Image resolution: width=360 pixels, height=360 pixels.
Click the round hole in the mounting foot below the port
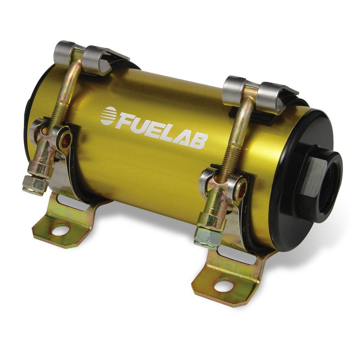click(224, 284)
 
